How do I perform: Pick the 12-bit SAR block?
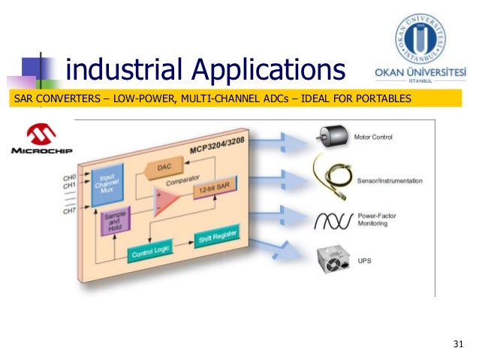[x=213, y=191]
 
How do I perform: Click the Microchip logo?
[x=42, y=140]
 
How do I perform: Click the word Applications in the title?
[x=267, y=70]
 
